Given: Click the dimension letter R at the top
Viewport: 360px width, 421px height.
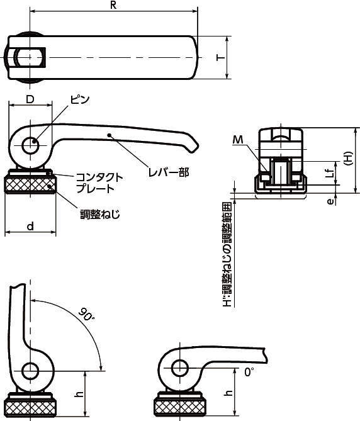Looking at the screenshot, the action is point(113,5).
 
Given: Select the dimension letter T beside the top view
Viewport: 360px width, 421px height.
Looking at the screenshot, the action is point(221,57).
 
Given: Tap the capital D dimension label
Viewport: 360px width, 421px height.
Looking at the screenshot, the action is point(30,99).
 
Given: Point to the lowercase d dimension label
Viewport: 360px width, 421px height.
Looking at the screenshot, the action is point(31,226).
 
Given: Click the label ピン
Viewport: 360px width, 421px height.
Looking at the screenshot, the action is point(80,99).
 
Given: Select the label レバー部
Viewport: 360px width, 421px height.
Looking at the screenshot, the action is point(169,172).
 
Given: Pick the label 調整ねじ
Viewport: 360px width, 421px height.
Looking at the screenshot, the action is point(100,214).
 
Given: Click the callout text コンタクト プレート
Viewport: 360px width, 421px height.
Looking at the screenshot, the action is point(99,183).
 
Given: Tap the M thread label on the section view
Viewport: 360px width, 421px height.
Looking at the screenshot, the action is point(238,140).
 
